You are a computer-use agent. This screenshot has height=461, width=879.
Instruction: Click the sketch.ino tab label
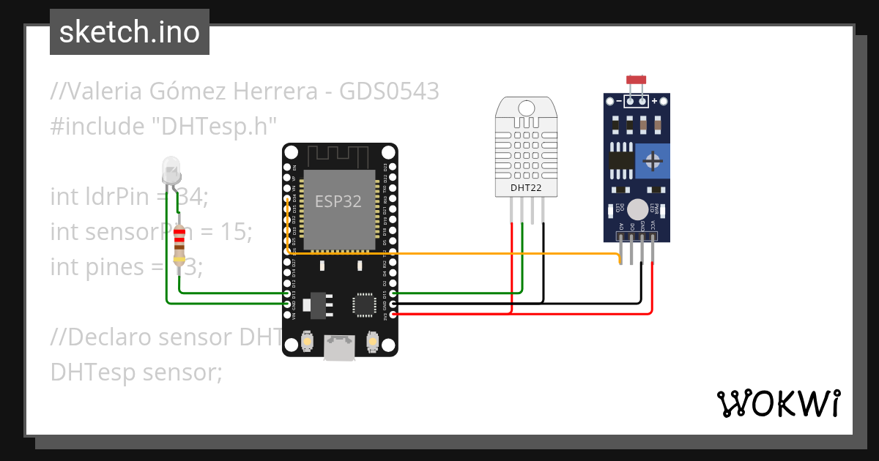129,32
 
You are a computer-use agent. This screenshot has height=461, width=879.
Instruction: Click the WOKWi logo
778,403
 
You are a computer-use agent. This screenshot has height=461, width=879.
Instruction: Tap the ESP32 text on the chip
338,202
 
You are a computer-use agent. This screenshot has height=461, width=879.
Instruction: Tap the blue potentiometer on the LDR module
651,160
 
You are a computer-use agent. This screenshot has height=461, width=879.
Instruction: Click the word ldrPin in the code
110,197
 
